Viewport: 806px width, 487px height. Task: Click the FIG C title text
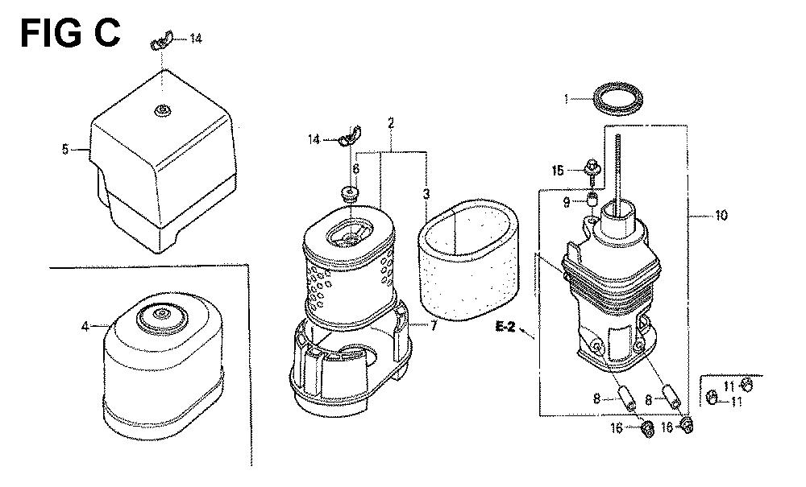pos(70,33)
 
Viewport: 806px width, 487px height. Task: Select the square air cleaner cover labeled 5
pos(163,162)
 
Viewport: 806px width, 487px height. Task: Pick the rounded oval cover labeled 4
pos(164,366)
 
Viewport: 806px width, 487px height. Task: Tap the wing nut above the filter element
pos(351,135)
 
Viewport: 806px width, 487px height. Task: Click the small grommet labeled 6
pos(350,195)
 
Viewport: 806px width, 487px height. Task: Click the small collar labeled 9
pos(592,199)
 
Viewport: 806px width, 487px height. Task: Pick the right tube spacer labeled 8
pos(672,396)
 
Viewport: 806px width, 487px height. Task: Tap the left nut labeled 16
pos(648,429)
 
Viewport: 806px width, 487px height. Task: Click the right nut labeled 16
pos(686,425)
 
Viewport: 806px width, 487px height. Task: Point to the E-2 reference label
pos(506,326)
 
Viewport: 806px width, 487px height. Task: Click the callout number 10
pos(721,216)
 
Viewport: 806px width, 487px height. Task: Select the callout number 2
pos(391,123)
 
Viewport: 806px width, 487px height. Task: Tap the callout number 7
pos(434,325)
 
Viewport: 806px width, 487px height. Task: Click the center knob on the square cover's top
pos(163,109)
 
